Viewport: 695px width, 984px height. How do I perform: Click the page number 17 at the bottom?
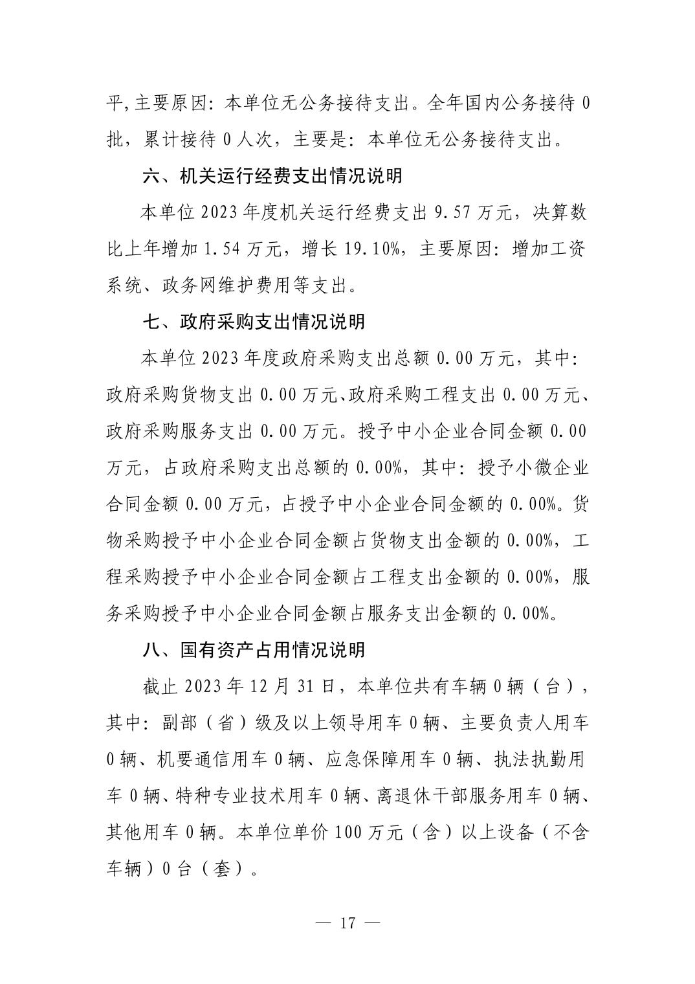[x=347, y=922]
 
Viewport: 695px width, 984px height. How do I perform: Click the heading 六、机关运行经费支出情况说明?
[x=272, y=176]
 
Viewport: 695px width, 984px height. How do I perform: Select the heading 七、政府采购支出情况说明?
[x=254, y=322]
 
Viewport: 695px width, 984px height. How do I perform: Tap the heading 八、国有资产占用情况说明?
[x=254, y=650]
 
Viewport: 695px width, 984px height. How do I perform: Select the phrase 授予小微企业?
[x=533, y=468]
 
